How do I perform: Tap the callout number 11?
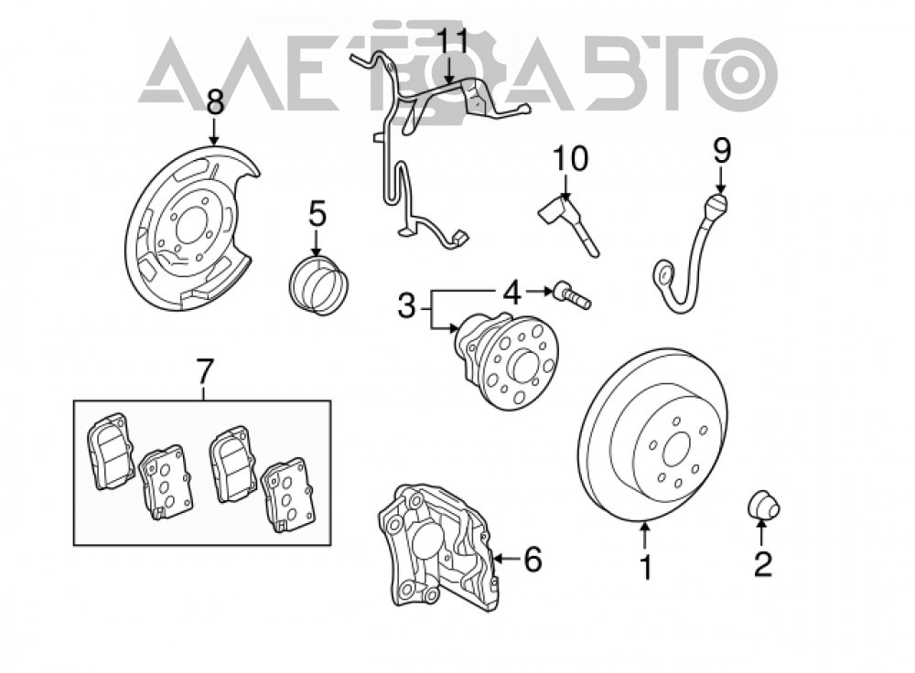coord(454,43)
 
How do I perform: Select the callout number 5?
coord(317,215)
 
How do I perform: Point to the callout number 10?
coord(570,158)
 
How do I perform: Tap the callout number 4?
coord(511,293)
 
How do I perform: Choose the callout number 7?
coord(204,372)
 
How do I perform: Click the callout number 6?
coord(533,559)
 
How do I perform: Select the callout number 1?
coord(645,567)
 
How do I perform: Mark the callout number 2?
coord(763,563)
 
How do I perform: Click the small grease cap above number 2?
coord(764,505)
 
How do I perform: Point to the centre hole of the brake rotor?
coord(677,447)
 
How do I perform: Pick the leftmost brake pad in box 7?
coord(111,451)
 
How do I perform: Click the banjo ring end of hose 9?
coord(664,274)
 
